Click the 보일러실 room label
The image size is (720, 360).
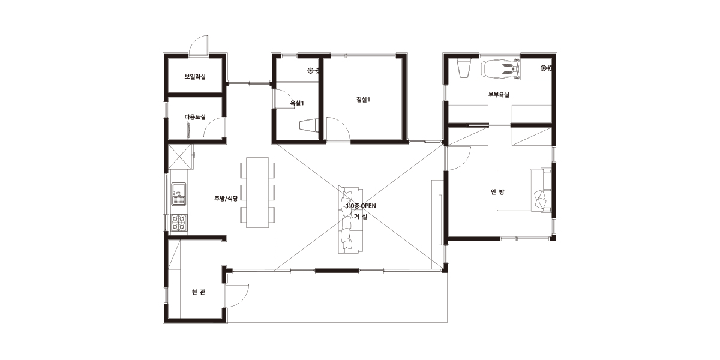pyautogui.click(x=195, y=77)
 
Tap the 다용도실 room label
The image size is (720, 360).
pyautogui.click(x=195, y=117)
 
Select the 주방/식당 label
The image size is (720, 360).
pyautogui.click(x=226, y=199)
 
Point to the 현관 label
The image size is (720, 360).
pyautogui.click(x=198, y=292)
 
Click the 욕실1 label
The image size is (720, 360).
pyautogui.click(x=297, y=103)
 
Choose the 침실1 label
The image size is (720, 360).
pyautogui.click(x=363, y=100)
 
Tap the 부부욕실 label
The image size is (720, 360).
pyautogui.click(x=499, y=95)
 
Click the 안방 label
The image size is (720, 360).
pyautogui.click(x=497, y=192)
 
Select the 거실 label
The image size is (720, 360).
pyautogui.click(x=361, y=217)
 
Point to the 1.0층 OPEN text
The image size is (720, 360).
pyautogui.click(x=361, y=206)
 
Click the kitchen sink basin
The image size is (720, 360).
pyautogui.click(x=179, y=194)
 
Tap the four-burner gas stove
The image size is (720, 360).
pyautogui.click(x=179, y=223)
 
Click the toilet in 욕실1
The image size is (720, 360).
pyautogui.click(x=309, y=125)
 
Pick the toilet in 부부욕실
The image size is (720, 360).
pyautogui.click(x=463, y=68)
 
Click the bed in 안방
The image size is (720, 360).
pyautogui.click(x=524, y=190)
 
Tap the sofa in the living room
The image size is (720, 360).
pyautogui.click(x=350, y=220)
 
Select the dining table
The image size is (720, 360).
pyautogui.click(x=257, y=193)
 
